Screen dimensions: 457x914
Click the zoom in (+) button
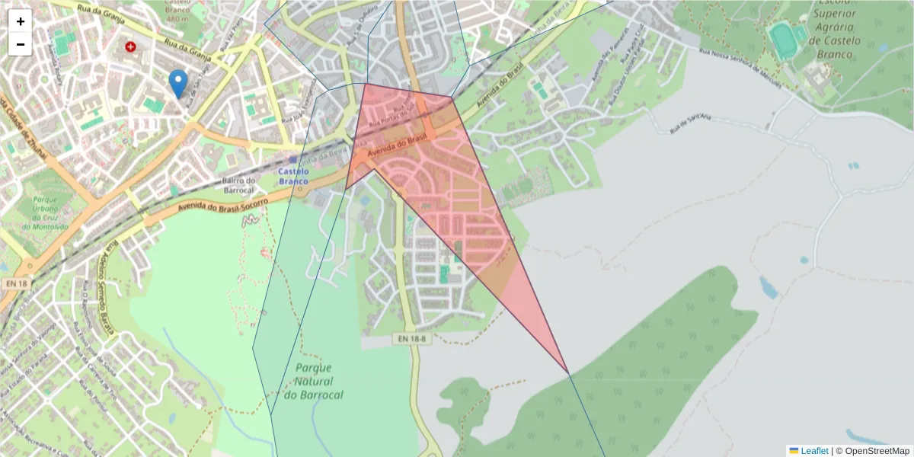pyautogui.click(x=21, y=21)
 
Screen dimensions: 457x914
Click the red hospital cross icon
pyautogui.click(x=130, y=47)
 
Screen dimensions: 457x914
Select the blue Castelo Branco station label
pyautogui.click(x=293, y=177)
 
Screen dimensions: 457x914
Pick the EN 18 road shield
pyautogui.click(x=15, y=283)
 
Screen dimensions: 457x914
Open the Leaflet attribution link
pyautogui.click(x=813, y=451)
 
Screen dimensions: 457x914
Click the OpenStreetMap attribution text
pyautogui.click(x=877, y=451)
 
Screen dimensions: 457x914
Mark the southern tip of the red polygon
pyautogui.click(x=568, y=373)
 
